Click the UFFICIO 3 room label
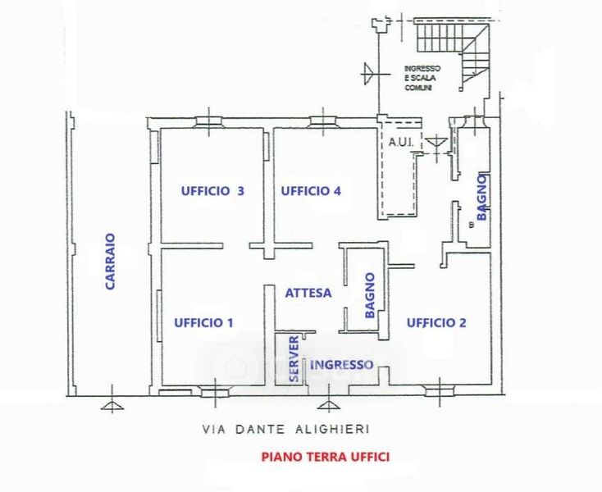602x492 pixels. click(212, 191)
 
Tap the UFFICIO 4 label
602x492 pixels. click(311, 191)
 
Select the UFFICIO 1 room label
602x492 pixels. click(204, 323)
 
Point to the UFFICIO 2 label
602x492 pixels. click(436, 323)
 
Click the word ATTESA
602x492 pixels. click(308, 293)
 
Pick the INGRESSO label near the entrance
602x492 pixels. click(342, 364)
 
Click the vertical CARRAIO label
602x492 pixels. click(110, 262)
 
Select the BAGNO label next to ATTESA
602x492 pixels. click(370, 295)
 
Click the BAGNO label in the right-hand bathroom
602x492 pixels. click(482, 197)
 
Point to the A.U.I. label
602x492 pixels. click(401, 142)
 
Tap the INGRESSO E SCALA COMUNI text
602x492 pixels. click(422, 77)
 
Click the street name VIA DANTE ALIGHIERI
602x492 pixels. click(286, 429)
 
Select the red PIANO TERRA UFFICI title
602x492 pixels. click(326, 457)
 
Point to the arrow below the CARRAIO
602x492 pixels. click(110, 405)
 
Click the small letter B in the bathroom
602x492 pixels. click(471, 224)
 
